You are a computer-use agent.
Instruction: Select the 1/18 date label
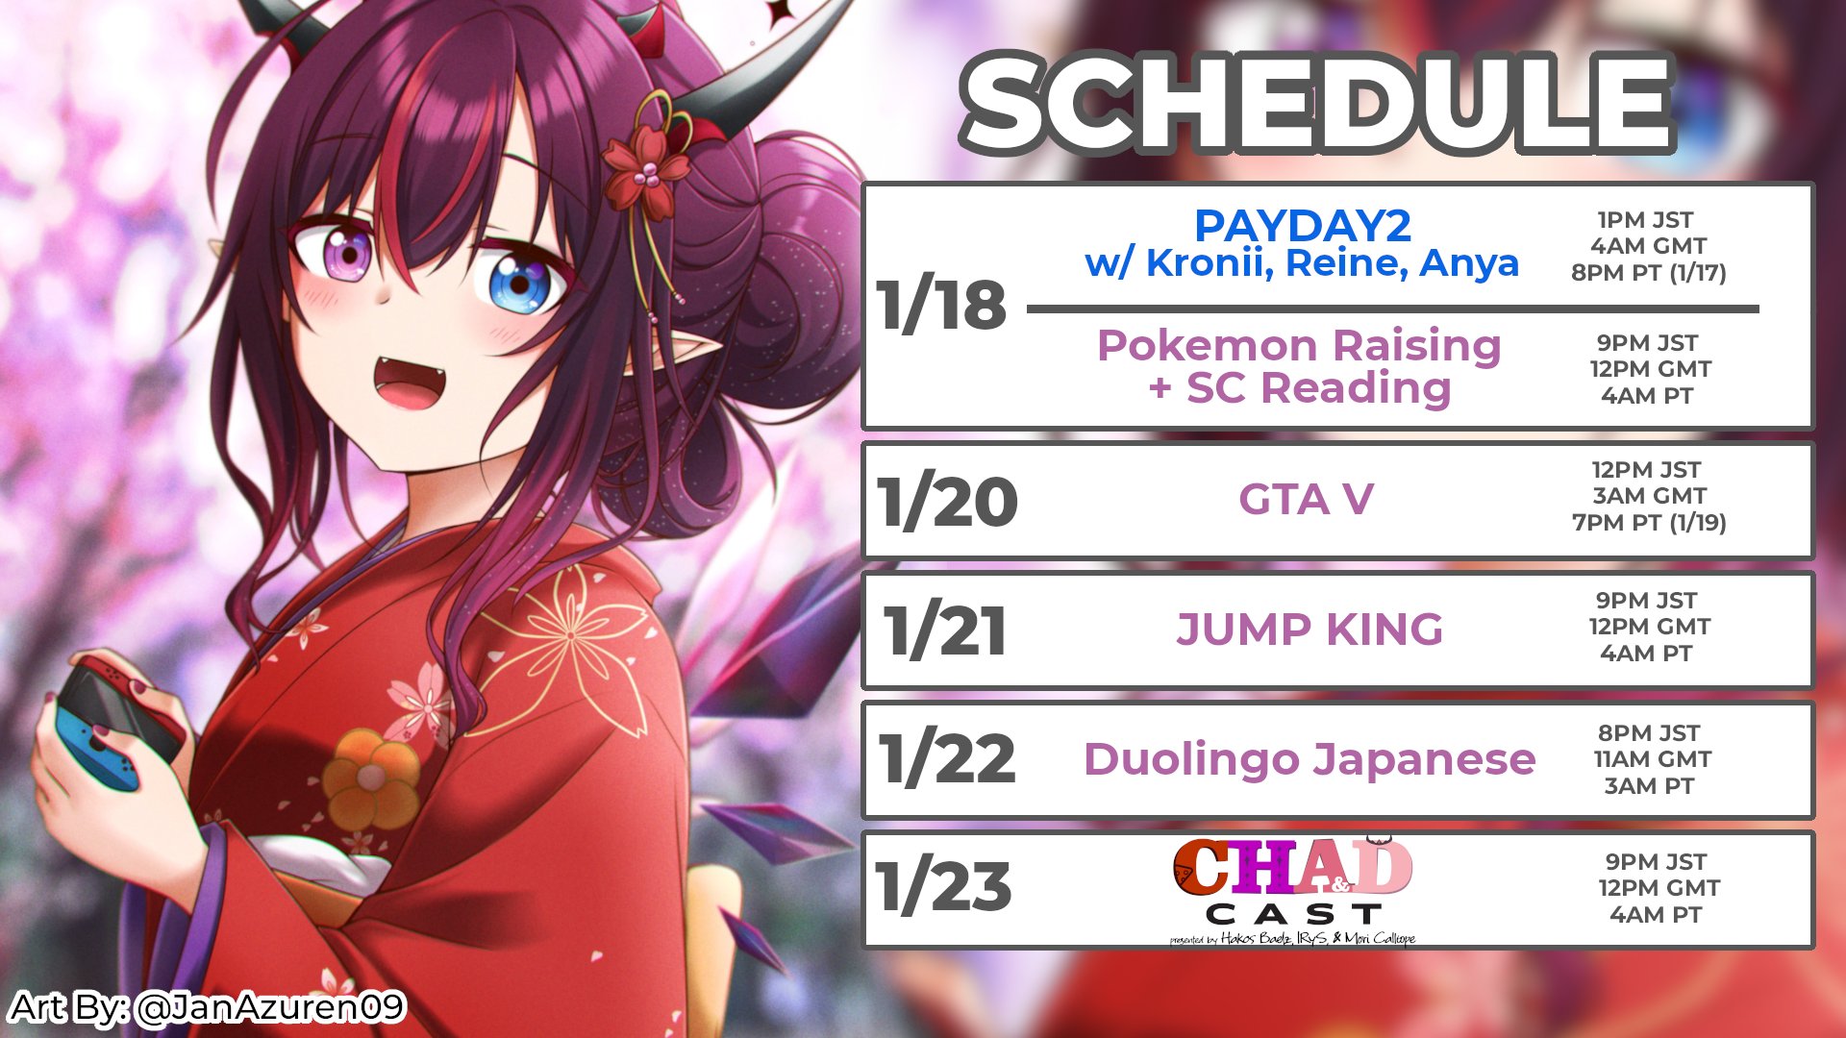941,306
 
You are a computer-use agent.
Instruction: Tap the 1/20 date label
947,502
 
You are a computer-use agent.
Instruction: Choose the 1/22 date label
947,760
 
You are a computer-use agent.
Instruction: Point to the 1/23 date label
943,886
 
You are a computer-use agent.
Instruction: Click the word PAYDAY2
1302,226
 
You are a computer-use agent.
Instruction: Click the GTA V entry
1306,500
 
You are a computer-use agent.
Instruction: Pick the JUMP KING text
1309,630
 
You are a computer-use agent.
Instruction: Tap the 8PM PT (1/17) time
1648,273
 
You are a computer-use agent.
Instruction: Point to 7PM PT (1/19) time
1649,523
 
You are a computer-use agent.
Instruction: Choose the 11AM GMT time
1652,759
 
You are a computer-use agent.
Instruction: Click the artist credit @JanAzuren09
270,1007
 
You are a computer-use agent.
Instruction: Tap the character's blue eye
519,284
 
